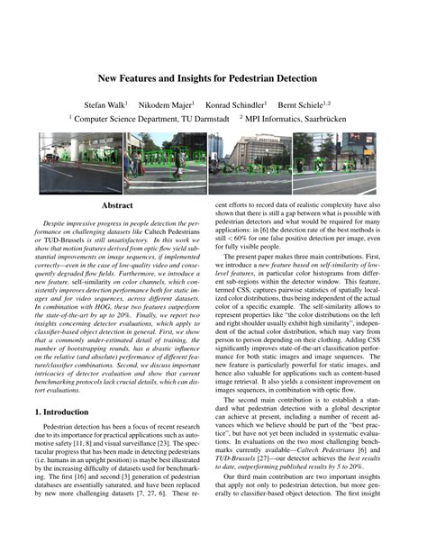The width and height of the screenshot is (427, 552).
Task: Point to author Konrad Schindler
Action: click(x=234, y=104)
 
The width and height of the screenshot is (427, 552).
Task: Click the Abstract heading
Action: click(x=117, y=206)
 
